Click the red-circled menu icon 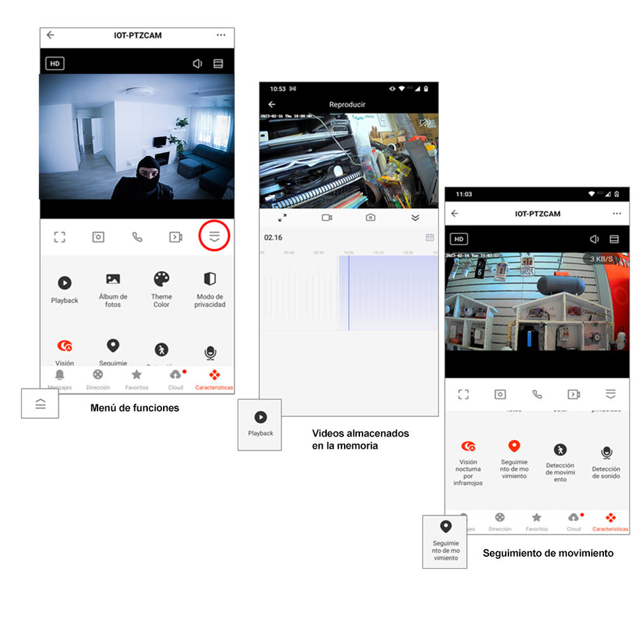tap(214, 237)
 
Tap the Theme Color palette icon tap(162, 278)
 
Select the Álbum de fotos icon tap(113, 279)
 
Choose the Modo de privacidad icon tap(209, 278)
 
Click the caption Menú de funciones tap(135, 408)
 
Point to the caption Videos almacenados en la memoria tap(361, 439)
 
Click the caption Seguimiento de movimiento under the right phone tap(548, 553)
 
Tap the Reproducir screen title tap(347, 105)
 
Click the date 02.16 tap(273, 237)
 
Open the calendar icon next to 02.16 tap(430, 237)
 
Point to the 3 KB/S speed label tap(601, 259)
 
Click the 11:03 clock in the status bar tap(464, 194)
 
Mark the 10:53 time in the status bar tap(278, 89)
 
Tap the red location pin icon tap(514, 446)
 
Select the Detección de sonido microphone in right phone tap(607, 452)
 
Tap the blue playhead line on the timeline tap(349, 292)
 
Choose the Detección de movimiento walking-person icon tap(560, 450)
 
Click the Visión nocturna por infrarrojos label tap(468, 473)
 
